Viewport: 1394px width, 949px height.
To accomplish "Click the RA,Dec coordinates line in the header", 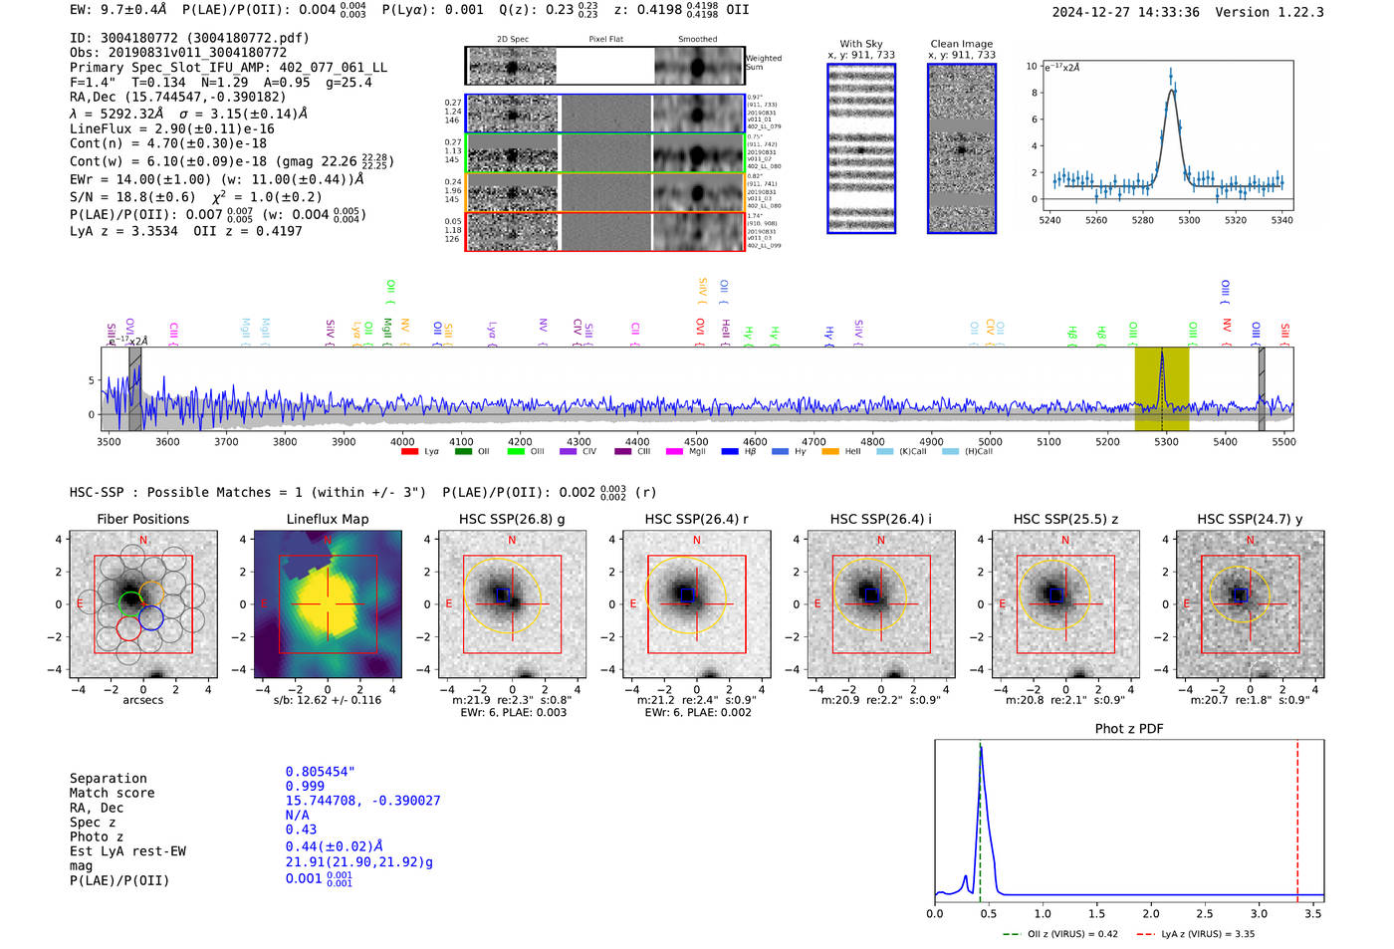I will pos(177,97).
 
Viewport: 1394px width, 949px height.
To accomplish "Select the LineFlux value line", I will pos(171,128).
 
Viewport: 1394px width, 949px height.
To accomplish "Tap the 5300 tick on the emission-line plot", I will pos(1189,220).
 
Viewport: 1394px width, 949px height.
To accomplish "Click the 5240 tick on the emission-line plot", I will pos(1049,220).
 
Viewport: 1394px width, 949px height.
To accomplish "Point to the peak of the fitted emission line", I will pos(1172,91).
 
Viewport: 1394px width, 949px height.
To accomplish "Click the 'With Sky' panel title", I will pos(860,44).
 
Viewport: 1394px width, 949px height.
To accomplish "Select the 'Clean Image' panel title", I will pos(961,44).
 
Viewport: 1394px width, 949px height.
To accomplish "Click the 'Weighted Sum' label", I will pos(763,63).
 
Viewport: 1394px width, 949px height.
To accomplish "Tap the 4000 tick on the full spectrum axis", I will pos(402,441).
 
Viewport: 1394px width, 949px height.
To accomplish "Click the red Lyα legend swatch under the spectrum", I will pos(409,451).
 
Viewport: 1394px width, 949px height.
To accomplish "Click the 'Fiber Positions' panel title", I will pos(142,519).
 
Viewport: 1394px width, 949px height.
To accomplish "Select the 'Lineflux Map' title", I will pos(327,519).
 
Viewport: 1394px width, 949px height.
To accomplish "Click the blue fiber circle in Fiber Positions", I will pos(151,618).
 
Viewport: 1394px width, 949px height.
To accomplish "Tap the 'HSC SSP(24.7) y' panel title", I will pos(1250,519).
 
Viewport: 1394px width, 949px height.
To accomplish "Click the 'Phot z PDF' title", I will pos(1129,728).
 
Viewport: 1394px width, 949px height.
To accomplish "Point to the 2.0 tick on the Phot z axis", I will pos(1151,913).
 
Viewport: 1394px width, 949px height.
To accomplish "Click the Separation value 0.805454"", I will pos(320,772).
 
